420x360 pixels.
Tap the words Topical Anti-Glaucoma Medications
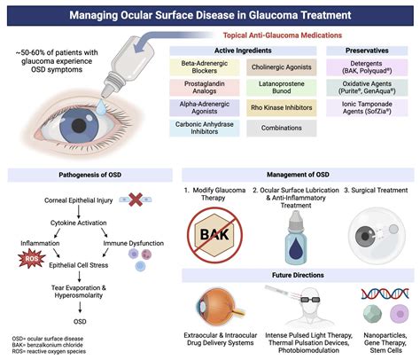coord(293,35)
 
